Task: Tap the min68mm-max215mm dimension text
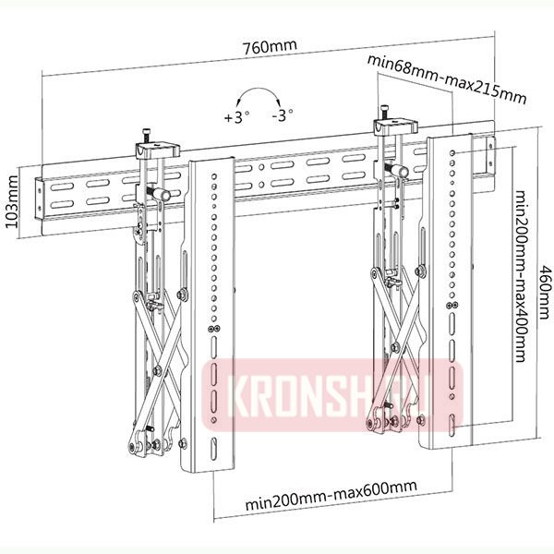(x=447, y=78)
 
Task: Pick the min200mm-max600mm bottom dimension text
(x=331, y=505)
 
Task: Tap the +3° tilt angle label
(x=237, y=117)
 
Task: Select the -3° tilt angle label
(x=283, y=117)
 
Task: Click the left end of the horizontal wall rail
(x=39, y=194)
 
